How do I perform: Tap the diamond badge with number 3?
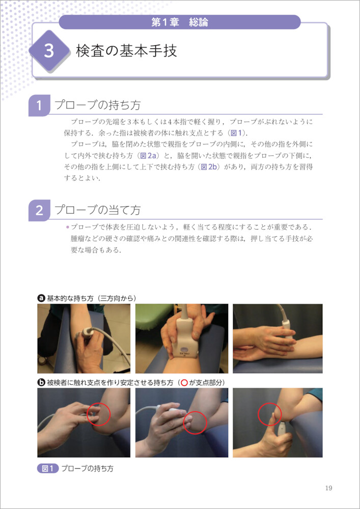tap(49, 51)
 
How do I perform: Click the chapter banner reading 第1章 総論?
tap(180, 22)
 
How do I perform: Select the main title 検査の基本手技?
tap(127, 51)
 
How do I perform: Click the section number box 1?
tap(39, 105)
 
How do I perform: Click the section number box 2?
tap(39, 211)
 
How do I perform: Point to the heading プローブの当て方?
tap(97, 210)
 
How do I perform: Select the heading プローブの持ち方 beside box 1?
tap(97, 105)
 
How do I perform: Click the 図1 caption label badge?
tap(48, 469)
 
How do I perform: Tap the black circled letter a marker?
tap(41, 298)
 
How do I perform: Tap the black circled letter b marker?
tap(41, 383)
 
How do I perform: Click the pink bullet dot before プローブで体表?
tap(67, 227)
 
